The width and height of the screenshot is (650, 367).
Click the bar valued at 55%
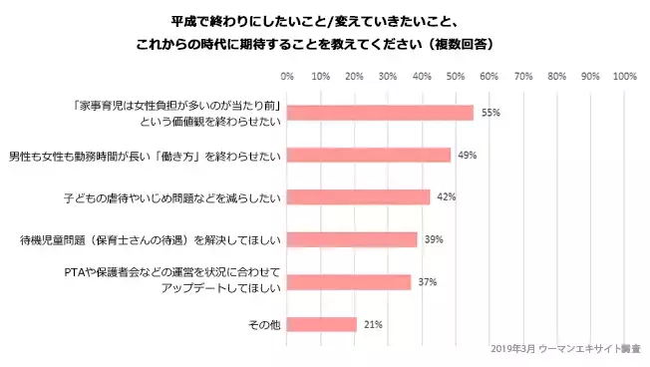[x=380, y=113]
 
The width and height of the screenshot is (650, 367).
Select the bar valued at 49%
[x=369, y=155]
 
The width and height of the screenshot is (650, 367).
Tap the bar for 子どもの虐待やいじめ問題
[x=358, y=196]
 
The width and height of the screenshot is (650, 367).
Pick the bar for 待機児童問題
[x=352, y=239]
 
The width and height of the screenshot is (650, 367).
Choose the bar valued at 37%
[x=348, y=281]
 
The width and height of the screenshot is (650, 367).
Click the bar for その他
[x=321, y=324]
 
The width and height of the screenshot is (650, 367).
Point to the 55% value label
[x=490, y=113]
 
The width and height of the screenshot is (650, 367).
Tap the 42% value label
[x=446, y=196]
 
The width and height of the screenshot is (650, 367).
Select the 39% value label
[x=434, y=239]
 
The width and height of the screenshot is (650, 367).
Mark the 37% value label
[x=428, y=281]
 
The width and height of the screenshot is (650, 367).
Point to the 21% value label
[x=373, y=324]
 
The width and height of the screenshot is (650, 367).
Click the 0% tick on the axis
[x=287, y=76]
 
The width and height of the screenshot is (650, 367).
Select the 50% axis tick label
[x=456, y=76]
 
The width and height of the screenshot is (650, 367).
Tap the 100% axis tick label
[x=624, y=76]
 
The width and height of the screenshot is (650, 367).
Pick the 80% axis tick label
[x=557, y=76]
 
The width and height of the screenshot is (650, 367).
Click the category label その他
[x=264, y=324]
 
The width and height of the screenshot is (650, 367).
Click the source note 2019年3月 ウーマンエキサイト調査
[x=566, y=350]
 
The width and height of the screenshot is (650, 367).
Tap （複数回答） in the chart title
[x=457, y=45]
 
